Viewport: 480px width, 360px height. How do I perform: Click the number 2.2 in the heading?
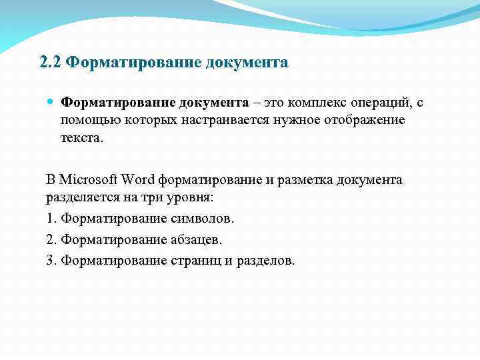pyautogui.click(x=51, y=63)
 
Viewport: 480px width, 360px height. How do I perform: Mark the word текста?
pyautogui.click(x=82, y=139)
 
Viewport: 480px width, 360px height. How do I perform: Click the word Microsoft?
pyautogui.click(x=89, y=181)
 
